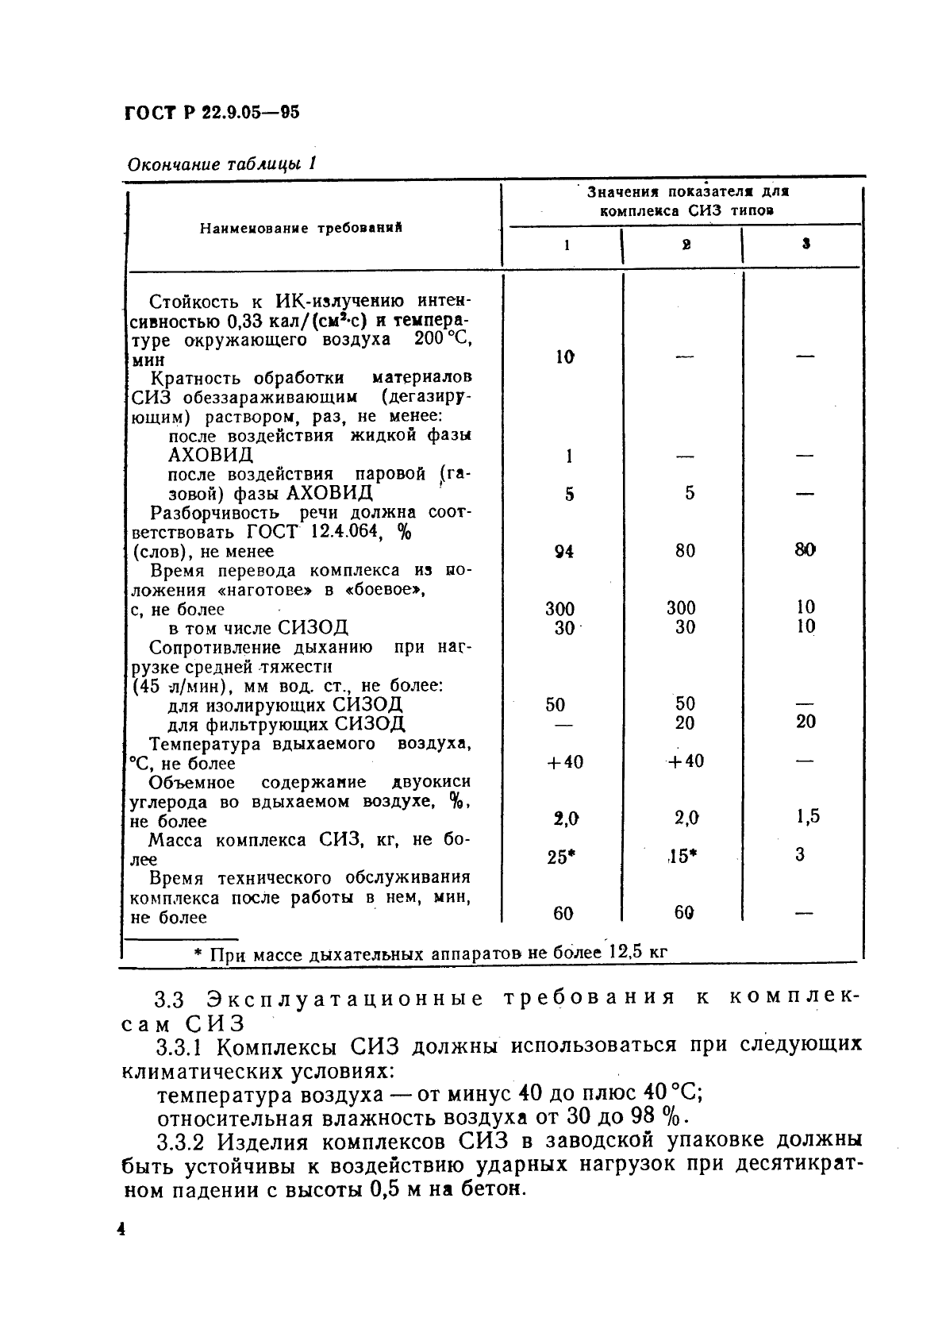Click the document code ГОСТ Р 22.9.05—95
[x=212, y=114]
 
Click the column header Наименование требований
[x=301, y=228]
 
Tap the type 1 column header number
[x=566, y=245]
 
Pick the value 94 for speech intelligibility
[x=563, y=551]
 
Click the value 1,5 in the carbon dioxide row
[x=808, y=816]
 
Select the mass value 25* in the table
[x=561, y=857]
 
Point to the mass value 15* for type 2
[x=682, y=857]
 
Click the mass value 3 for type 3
[x=800, y=854]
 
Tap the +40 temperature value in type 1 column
[x=564, y=762]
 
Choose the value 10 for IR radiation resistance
[x=564, y=357]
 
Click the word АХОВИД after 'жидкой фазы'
[x=210, y=455]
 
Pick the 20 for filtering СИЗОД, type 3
[x=806, y=722]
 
